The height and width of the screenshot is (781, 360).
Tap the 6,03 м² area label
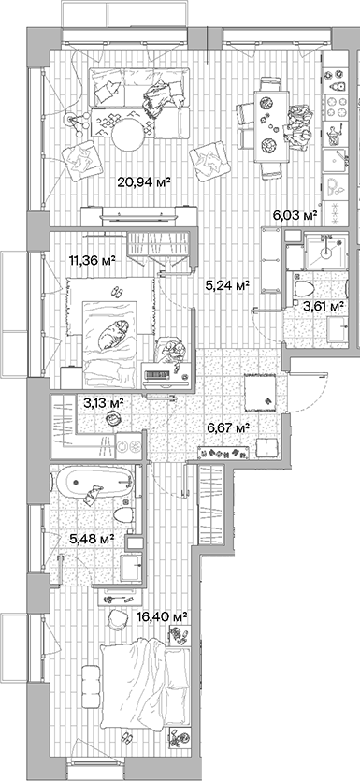[x=295, y=215]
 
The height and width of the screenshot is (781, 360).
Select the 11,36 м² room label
[x=92, y=261]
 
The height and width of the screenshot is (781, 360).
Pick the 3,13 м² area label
[x=103, y=403]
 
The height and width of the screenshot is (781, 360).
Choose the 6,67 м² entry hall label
[x=228, y=427]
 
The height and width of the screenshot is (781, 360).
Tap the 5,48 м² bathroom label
[x=92, y=539]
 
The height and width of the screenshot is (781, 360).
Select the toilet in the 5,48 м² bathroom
[x=122, y=516]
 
